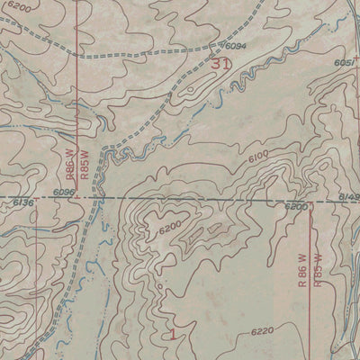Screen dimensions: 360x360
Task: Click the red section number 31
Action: coord(220,64)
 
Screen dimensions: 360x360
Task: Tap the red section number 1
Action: coord(171,333)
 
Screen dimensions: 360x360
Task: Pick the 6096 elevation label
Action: coord(64,192)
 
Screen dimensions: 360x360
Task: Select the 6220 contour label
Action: coord(263,332)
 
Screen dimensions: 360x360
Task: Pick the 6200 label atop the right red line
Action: coord(296,207)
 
